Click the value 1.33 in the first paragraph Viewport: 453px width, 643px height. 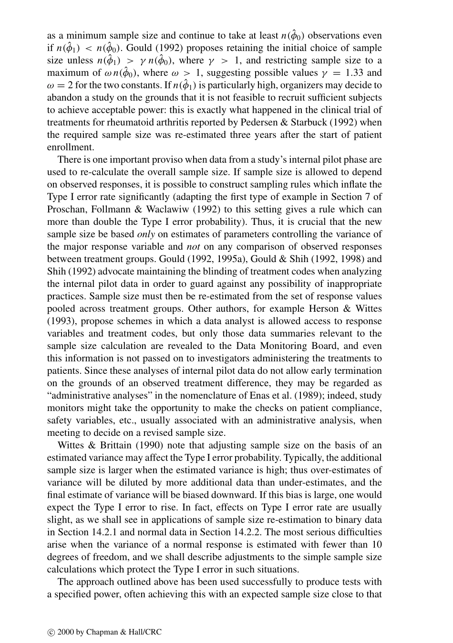[x=355, y=73]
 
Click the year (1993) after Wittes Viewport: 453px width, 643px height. [x=60, y=321]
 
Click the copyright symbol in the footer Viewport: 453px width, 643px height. [x=51, y=632]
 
